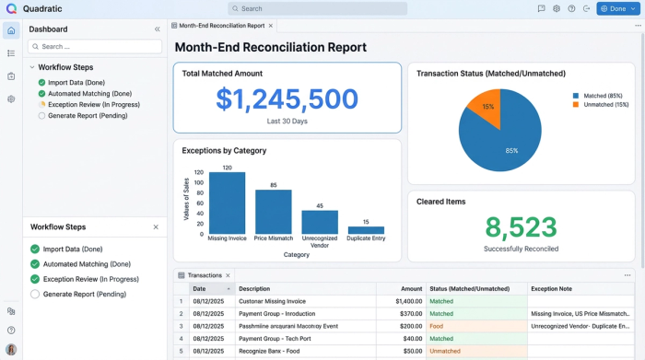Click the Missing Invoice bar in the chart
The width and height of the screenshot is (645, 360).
(227, 203)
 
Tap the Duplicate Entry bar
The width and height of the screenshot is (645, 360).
(366, 230)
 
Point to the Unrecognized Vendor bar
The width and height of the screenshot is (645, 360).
(320, 223)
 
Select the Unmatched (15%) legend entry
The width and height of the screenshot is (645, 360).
(603, 104)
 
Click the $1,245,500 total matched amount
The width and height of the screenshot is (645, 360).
(287, 99)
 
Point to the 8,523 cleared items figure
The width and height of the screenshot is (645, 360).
(521, 227)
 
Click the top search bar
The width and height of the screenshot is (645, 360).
(318, 8)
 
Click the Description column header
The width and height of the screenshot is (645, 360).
(254, 288)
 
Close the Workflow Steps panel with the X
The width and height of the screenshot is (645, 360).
(156, 226)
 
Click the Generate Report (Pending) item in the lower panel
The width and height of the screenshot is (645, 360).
(85, 294)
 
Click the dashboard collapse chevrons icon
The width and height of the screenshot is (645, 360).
(157, 29)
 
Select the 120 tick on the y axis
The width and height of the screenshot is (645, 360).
(199, 172)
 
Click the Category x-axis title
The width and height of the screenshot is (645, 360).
(296, 254)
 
